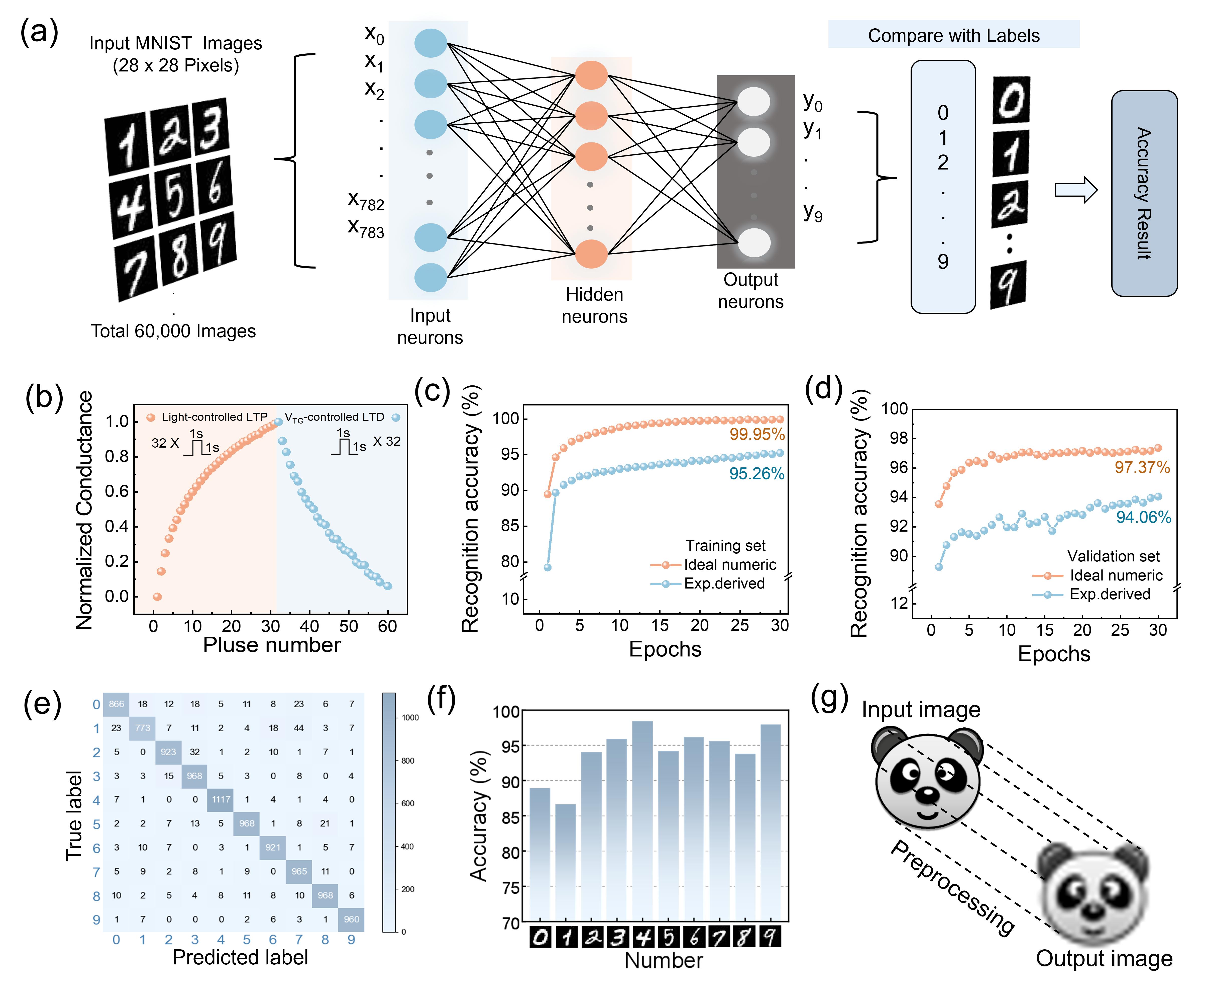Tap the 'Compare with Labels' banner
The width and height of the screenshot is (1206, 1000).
pyautogui.click(x=953, y=36)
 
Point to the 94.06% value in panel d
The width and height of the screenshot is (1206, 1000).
pyautogui.click(x=1143, y=517)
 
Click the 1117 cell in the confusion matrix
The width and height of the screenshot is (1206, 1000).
pyautogui.click(x=221, y=799)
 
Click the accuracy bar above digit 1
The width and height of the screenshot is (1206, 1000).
pyautogui.click(x=566, y=862)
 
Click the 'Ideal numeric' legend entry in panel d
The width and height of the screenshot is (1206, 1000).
pyautogui.click(x=1115, y=575)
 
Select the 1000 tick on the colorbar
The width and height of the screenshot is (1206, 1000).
pyautogui.click(x=410, y=718)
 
